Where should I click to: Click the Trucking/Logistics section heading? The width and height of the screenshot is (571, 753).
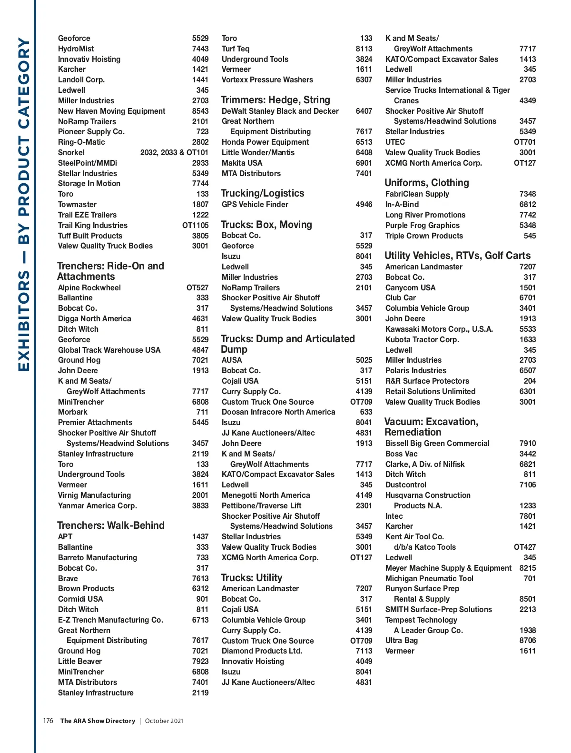tap(262, 193)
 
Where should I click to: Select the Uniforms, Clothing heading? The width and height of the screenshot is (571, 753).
tap(426, 183)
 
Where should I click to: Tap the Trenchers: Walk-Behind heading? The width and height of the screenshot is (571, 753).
tap(110, 525)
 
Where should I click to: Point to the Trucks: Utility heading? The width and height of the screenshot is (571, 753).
tap(251, 578)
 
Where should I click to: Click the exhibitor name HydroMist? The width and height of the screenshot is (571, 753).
tap(76, 49)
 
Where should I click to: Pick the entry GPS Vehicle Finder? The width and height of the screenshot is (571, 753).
tap(255, 204)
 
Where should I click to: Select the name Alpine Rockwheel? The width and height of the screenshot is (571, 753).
tap(89, 287)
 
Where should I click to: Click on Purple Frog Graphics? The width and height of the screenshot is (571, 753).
tap(422, 225)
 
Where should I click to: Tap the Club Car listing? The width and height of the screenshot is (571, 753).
tap(400, 297)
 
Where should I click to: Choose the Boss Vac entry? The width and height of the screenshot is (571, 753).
tap(401, 454)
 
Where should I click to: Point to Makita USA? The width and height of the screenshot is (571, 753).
tap(242, 163)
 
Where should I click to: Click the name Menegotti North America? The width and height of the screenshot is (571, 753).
tap(266, 495)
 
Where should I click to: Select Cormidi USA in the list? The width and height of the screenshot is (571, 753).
tap(80, 599)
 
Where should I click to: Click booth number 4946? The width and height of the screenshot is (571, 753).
tap(364, 204)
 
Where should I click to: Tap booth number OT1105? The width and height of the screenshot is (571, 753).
tap(195, 225)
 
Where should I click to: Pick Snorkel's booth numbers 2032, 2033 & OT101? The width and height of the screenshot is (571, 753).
tap(174, 152)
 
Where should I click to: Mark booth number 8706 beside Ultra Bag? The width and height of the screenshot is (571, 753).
tap(527, 640)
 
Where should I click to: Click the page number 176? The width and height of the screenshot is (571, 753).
tap(48, 721)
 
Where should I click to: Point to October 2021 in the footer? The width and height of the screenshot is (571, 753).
tap(164, 721)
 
